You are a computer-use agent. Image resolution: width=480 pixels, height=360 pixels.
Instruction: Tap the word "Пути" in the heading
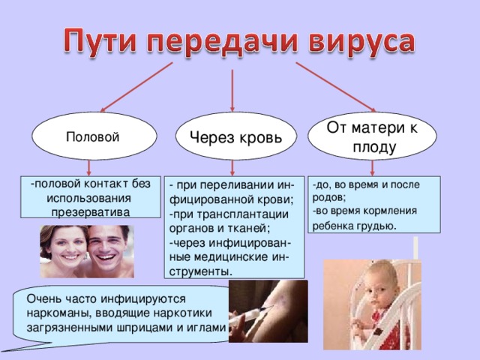[100, 40]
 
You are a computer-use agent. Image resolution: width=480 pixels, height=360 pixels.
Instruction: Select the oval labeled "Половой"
[94, 136]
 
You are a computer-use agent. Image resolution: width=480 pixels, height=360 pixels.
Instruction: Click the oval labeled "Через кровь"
[235, 136]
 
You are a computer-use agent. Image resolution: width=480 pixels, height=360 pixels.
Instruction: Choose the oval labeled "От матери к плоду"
[372, 136]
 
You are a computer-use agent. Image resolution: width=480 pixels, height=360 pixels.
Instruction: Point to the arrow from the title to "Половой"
[136, 87]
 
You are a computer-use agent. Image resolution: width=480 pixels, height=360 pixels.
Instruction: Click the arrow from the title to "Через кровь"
[232, 91]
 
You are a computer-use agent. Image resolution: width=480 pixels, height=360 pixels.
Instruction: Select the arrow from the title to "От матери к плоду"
[336, 87]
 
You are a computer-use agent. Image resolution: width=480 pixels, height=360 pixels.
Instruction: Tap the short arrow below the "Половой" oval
[89, 167]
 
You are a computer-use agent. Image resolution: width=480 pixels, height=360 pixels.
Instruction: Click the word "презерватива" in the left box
[91, 211]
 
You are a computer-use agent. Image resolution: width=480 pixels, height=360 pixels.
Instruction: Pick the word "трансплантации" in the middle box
[242, 214]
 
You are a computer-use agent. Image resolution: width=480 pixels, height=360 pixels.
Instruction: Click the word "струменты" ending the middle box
[200, 271]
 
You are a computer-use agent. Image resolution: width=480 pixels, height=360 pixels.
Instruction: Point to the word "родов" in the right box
[329, 198]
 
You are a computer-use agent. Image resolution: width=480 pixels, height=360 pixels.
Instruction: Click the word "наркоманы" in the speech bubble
[58, 313]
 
